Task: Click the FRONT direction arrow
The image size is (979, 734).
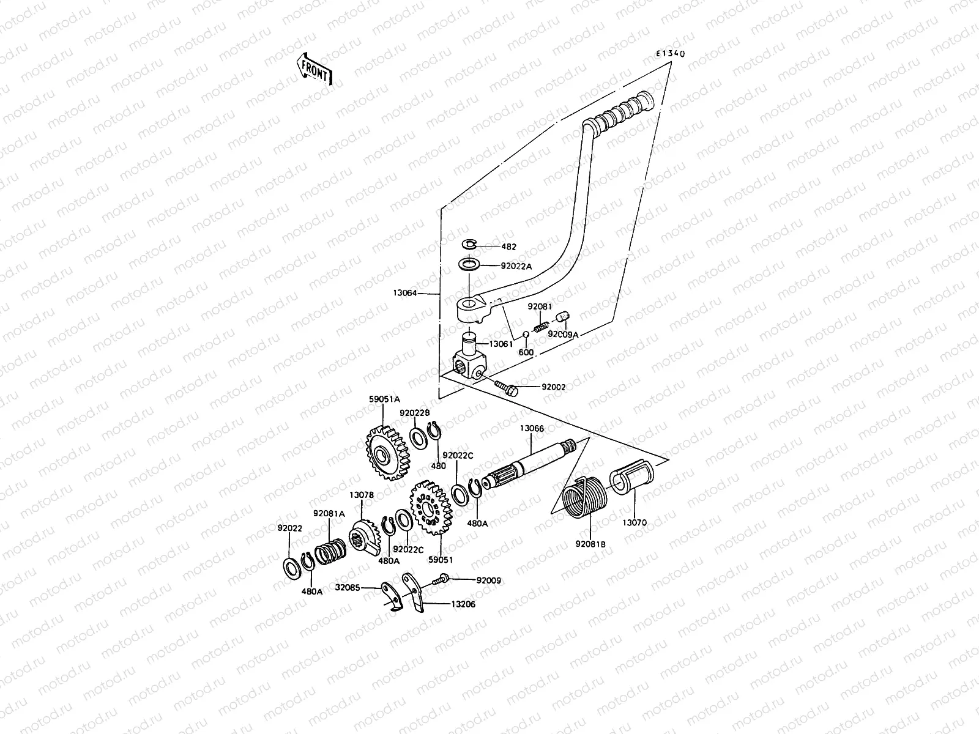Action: tap(315, 68)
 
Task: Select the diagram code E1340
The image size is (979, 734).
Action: tap(671, 54)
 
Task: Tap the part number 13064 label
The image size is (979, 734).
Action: tap(404, 294)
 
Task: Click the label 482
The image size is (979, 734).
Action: tap(508, 247)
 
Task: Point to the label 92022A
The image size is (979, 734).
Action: tap(516, 266)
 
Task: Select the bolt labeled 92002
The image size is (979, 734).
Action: tap(507, 387)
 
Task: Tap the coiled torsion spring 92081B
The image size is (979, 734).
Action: tap(583, 496)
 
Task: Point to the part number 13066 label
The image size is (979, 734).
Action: tap(532, 429)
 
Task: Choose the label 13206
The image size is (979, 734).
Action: tap(463, 604)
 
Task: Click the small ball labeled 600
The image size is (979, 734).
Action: tap(526, 335)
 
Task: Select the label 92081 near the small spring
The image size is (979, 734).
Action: tap(540, 306)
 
